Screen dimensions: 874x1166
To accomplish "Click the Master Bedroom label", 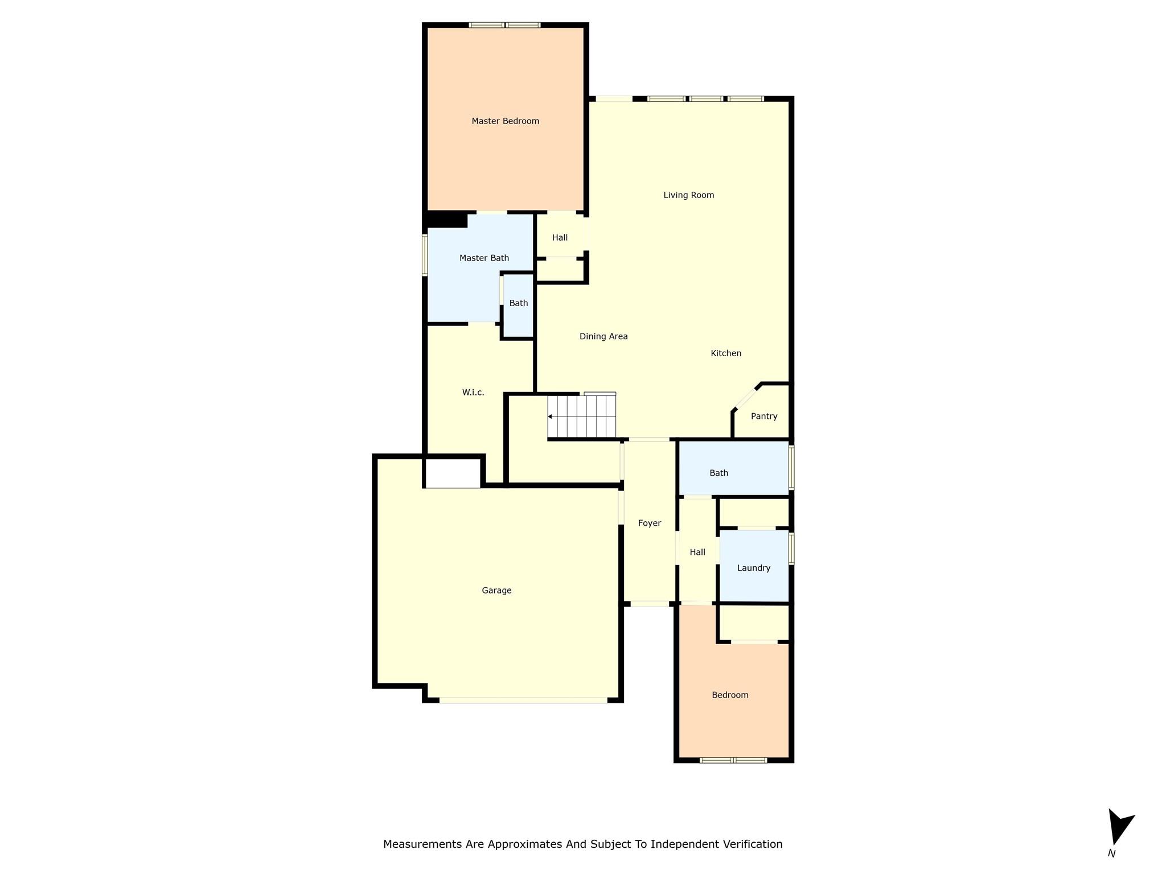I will click(505, 121).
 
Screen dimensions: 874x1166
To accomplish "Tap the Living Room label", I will click(688, 195).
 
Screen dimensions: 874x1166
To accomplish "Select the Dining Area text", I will click(603, 336).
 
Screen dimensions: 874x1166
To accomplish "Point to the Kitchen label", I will click(726, 353).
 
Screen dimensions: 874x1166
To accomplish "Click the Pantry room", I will click(763, 417).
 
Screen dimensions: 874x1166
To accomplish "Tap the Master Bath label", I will click(484, 258).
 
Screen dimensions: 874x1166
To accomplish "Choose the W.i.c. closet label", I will click(473, 393).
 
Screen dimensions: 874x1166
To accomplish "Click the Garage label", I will click(496, 591).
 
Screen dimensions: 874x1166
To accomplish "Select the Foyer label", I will click(649, 523).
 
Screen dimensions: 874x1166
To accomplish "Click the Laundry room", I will click(753, 568).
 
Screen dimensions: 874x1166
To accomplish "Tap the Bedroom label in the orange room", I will click(730, 695).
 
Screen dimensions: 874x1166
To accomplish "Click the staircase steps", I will click(582, 417).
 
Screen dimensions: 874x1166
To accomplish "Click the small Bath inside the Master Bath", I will click(518, 303).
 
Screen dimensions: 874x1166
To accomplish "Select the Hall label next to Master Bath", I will click(560, 238).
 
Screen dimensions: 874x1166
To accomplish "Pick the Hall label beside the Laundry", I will click(697, 553).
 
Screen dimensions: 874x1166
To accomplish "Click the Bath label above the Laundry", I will click(719, 473).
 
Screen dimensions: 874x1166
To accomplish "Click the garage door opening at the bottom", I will click(523, 700).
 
